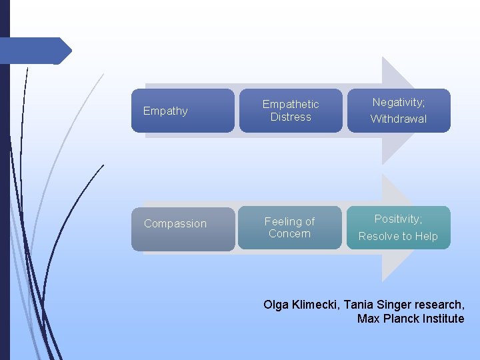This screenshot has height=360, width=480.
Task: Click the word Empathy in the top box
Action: pos(165,111)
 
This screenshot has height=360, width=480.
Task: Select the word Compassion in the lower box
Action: pos(175,223)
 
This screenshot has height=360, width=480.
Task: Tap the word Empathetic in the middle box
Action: pos(291,104)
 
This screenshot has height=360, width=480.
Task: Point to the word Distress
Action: pos(291,117)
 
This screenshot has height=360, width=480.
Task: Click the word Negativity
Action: pos(397,102)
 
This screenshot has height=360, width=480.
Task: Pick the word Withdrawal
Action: pos(399,119)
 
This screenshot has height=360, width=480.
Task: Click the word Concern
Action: pos(289,233)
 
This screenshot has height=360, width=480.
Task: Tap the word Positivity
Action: pos(397,219)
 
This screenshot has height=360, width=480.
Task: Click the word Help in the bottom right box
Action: pos(426,236)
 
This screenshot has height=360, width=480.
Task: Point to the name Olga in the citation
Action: pos(276,305)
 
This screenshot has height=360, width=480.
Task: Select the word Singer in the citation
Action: pos(393,305)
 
